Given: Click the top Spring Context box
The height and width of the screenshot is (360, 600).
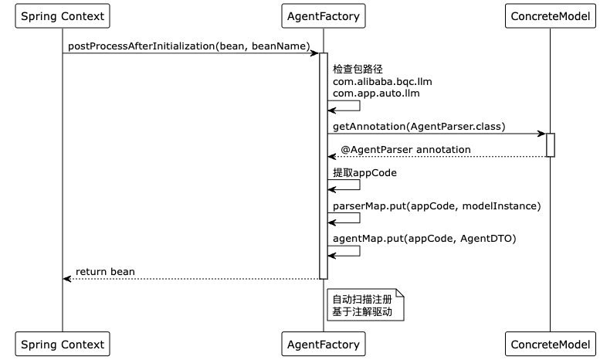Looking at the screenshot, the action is click(x=63, y=16).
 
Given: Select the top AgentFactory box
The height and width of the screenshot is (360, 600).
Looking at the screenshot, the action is click(x=324, y=16).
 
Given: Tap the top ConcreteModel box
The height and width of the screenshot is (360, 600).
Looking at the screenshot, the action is click(x=551, y=16).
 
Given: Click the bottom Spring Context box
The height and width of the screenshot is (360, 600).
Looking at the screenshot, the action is click(x=63, y=344).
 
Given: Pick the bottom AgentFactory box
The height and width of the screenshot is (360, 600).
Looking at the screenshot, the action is click(x=324, y=344).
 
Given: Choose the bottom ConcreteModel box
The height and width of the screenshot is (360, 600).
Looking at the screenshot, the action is click(x=551, y=344).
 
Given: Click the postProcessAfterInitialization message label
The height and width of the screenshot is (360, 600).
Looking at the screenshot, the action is click(x=189, y=46).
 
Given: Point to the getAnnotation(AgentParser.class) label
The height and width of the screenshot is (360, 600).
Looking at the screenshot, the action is click(x=419, y=127).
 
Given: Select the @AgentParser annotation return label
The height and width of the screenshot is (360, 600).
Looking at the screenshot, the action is click(x=405, y=150).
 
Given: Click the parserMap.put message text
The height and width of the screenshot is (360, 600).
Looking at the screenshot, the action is click(x=436, y=206).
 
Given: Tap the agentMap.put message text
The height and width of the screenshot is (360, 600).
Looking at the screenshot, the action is click(x=425, y=239).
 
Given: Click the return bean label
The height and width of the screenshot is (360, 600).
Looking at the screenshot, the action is click(x=105, y=271).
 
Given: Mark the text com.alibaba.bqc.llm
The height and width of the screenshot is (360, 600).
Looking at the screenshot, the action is click(x=382, y=82).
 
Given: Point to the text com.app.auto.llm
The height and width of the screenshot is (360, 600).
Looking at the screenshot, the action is click(x=376, y=93).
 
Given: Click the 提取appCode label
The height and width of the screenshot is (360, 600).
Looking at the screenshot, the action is click(x=364, y=173).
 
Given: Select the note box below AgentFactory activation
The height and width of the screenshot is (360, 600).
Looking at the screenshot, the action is click(x=365, y=305).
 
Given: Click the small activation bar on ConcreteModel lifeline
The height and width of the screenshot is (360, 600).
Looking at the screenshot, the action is click(x=551, y=145).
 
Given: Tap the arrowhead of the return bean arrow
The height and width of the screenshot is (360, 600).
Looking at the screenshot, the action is click(x=67, y=279).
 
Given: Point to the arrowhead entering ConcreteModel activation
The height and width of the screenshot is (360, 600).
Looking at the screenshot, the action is click(x=542, y=134).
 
